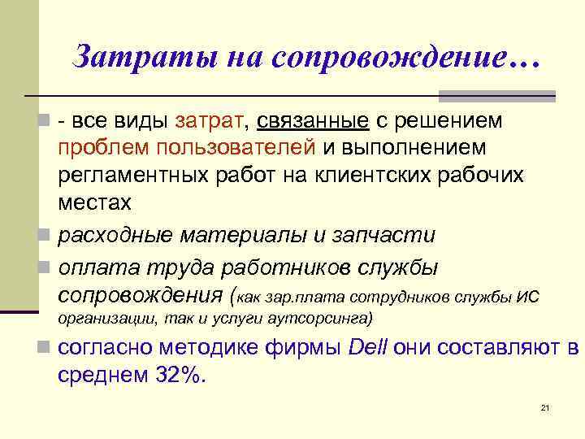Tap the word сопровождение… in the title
pos(406,57)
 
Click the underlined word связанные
pos(312,121)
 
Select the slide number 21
pos(545,407)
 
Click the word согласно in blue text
pos(110,348)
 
